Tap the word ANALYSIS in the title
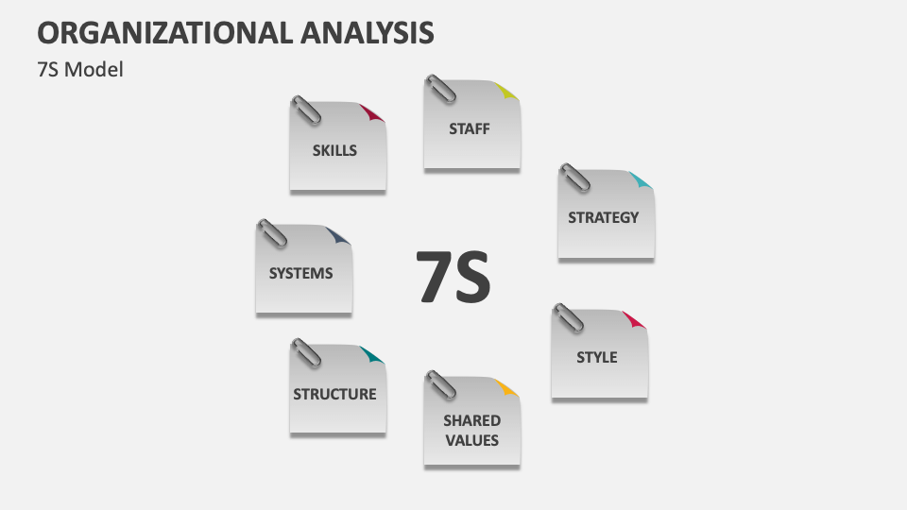click(368, 32)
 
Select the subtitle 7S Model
click(80, 70)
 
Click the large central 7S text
click(454, 277)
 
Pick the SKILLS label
click(334, 149)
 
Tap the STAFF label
click(470, 128)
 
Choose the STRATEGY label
click(603, 217)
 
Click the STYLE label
click(597, 357)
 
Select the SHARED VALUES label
click(471, 430)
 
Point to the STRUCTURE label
click(334, 394)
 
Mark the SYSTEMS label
click(300, 273)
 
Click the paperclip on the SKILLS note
click(305, 110)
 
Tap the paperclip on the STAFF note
click(440, 89)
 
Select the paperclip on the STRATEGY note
click(573, 178)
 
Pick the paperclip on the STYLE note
click(568, 318)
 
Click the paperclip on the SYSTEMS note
click(271, 233)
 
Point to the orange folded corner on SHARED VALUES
click(506, 387)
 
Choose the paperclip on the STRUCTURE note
click(305, 353)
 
